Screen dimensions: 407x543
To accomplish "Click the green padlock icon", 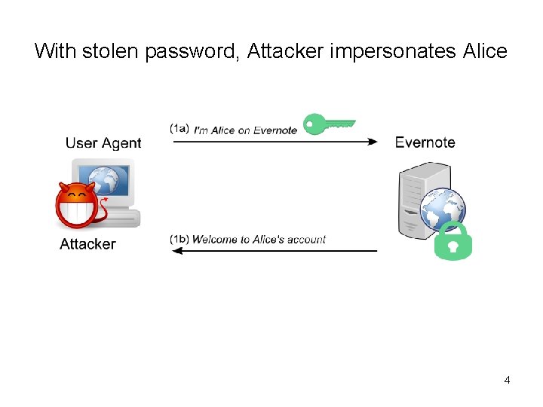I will pyautogui.click(x=453, y=241).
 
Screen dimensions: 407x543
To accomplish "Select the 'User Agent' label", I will pyautogui.click(x=103, y=143).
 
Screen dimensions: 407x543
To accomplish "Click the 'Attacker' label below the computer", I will pyautogui.click(x=87, y=243).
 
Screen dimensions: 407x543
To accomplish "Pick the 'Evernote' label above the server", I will pyautogui.click(x=425, y=142).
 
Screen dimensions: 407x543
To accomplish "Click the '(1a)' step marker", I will pyautogui.click(x=179, y=129).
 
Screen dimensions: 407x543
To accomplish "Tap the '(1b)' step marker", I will pyautogui.click(x=179, y=240).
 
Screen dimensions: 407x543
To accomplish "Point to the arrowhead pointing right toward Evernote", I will pyautogui.click(x=372, y=142).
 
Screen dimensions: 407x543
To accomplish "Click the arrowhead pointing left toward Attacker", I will pyautogui.click(x=178, y=251).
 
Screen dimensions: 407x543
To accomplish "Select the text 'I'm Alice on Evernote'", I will pyautogui.click(x=245, y=130).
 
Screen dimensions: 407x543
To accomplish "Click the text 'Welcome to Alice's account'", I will pyautogui.click(x=259, y=240).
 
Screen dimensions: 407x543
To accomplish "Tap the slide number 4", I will pyautogui.click(x=507, y=380).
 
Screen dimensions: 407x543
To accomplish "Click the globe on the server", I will pyautogui.click(x=442, y=207).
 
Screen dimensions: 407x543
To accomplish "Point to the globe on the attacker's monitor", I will pyautogui.click(x=109, y=182).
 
